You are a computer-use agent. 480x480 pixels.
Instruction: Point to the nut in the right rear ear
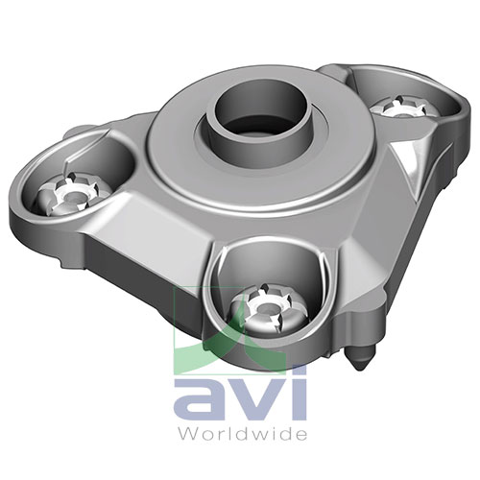(x=396, y=108)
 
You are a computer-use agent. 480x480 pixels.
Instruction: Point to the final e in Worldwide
(x=305, y=433)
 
